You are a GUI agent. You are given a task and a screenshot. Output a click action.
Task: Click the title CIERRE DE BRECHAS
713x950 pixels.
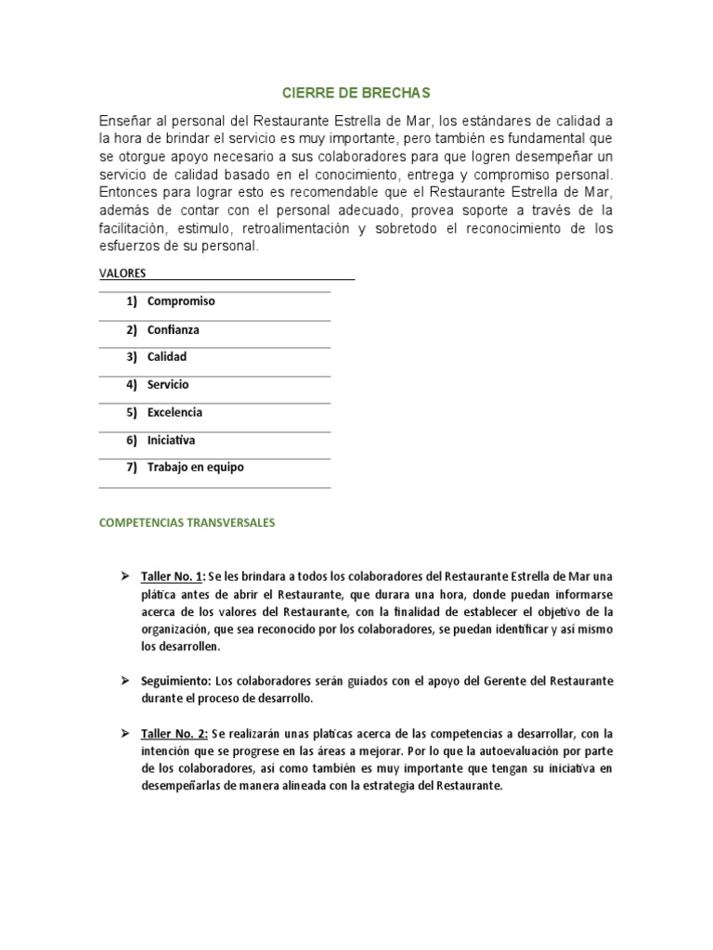[x=356, y=94]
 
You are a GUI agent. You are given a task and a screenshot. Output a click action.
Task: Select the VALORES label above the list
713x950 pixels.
[x=122, y=274]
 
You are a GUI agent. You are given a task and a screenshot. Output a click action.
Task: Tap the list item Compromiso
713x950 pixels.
[x=181, y=302]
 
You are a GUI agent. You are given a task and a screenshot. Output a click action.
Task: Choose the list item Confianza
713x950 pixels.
[x=173, y=329]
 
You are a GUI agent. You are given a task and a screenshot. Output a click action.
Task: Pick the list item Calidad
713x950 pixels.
[x=167, y=357]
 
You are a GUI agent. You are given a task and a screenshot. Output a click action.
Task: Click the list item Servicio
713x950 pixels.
[x=168, y=384]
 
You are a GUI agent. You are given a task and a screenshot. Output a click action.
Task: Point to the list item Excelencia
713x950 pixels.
[x=175, y=412]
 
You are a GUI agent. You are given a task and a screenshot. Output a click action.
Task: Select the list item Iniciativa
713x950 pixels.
[x=171, y=440]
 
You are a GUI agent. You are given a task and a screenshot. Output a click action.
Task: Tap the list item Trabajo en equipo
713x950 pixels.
[x=196, y=468]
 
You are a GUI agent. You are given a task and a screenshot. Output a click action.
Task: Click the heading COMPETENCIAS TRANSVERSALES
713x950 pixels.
[x=187, y=523]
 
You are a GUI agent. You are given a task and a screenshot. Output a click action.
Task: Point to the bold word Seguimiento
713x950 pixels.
[x=176, y=681]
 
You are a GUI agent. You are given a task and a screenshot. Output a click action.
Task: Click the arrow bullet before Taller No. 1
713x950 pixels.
[x=123, y=576]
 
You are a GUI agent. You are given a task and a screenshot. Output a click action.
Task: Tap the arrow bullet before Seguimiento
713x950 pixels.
[x=123, y=681]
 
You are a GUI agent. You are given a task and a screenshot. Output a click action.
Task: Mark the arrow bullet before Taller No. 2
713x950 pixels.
[x=123, y=733]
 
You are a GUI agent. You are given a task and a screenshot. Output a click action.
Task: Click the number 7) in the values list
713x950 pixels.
[x=131, y=468]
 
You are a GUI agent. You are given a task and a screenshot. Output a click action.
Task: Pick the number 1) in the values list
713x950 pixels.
[x=131, y=302]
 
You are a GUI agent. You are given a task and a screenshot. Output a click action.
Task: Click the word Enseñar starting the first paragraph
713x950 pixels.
[x=126, y=122]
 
